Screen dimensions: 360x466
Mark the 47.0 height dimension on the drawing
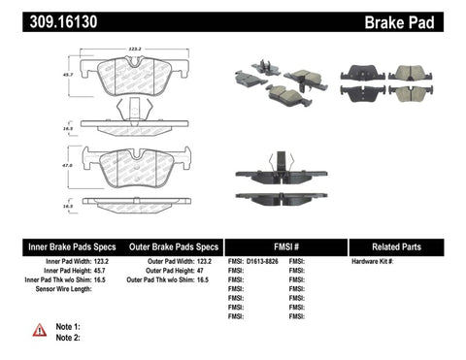(x=70, y=166)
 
